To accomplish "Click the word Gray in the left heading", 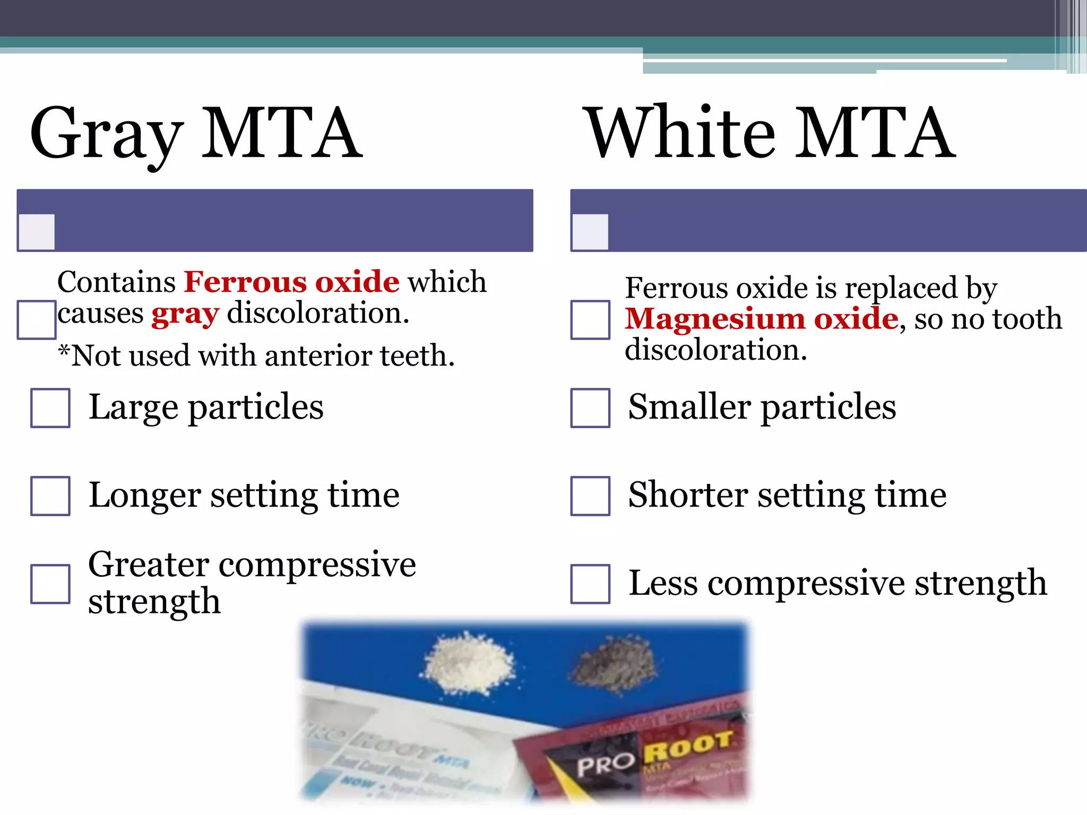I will (106, 134).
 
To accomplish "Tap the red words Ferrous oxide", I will (291, 282).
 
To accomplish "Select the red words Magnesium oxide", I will (762, 319).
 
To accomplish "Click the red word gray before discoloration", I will (185, 314).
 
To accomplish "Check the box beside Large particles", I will (50, 408).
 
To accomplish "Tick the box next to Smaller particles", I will (590, 408).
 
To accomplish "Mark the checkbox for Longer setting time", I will (50, 496).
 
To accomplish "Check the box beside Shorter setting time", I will (590, 496).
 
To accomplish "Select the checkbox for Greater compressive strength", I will (50, 584).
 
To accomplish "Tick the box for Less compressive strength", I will (590, 584).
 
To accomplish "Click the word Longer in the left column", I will (144, 496).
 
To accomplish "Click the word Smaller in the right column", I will (689, 407).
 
